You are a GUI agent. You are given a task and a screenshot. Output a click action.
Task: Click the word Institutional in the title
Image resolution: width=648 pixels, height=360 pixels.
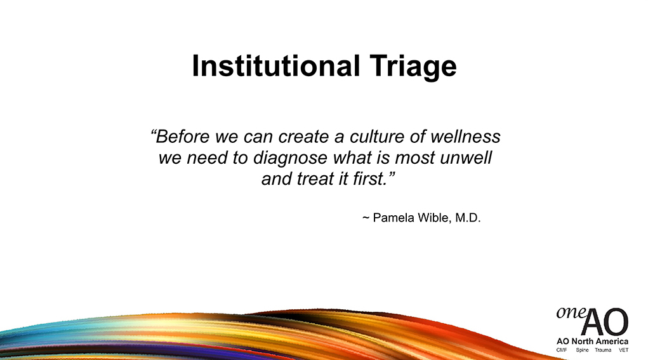pyautogui.click(x=276, y=66)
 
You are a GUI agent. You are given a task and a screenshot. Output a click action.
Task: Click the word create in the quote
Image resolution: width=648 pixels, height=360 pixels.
pyautogui.click(x=303, y=137)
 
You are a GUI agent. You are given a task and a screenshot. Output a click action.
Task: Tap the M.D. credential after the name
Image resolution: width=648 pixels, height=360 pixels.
pyautogui.click(x=468, y=217)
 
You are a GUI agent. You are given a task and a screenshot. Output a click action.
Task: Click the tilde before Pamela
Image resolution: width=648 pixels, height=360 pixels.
pyautogui.click(x=366, y=218)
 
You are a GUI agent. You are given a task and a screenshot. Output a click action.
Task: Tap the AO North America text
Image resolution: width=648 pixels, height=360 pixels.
pyautogui.click(x=592, y=341)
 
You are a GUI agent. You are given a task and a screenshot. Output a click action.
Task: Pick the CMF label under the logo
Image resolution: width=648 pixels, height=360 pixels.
pyautogui.click(x=562, y=350)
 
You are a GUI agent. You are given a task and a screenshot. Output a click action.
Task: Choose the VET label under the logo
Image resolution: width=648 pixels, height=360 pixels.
pyautogui.click(x=623, y=350)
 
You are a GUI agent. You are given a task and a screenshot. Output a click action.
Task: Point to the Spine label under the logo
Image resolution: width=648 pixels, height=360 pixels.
pyautogui.click(x=582, y=350)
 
